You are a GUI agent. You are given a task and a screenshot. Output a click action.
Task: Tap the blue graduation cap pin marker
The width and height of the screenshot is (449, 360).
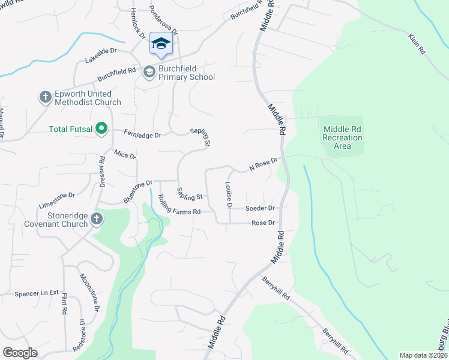coord(160,43)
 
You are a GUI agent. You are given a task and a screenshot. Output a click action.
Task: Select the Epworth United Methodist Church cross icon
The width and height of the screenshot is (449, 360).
coord(45,97)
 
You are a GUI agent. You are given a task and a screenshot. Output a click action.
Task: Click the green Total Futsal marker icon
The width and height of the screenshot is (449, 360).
coord(101,128)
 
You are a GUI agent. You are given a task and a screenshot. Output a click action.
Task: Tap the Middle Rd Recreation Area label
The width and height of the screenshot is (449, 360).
coord(342,137)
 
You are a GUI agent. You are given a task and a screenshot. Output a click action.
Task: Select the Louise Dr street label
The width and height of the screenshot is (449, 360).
coord(229,196)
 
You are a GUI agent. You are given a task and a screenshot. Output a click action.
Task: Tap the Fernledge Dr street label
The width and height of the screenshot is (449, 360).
coord(142,134)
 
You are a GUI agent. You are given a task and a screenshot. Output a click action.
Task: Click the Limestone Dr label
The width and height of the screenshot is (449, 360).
coord(56,199)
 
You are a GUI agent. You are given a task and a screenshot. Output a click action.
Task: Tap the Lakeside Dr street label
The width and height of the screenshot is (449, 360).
coord(100,55)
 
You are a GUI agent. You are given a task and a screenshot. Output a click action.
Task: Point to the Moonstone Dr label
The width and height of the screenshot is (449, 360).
coord(89,292)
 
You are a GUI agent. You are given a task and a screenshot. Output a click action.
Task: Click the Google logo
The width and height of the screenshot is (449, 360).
coord(20,352)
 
